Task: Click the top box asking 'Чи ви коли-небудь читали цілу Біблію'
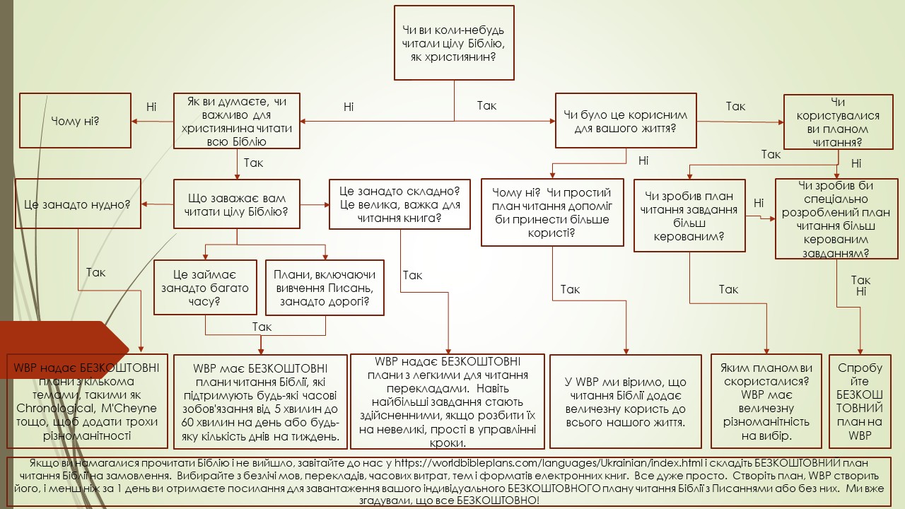tap(453, 42)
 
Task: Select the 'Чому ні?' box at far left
tap(75, 120)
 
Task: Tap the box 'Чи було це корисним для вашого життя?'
tap(626, 122)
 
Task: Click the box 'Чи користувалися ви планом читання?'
tap(837, 122)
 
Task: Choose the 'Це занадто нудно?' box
tap(77, 204)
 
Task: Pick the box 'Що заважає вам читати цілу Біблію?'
tap(237, 204)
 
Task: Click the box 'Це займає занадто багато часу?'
tap(206, 287)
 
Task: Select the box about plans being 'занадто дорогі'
tap(326, 287)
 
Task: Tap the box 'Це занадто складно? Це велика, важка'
tap(399, 204)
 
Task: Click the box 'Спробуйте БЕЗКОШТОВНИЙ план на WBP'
tap(860, 401)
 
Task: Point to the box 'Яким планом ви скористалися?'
tap(766, 401)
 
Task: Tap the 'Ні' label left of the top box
tap(349, 107)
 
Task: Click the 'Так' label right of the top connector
tap(486, 106)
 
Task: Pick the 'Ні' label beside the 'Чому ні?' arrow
tap(151, 107)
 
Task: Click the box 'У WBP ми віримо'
tap(626, 402)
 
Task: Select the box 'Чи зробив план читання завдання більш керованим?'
tap(689, 216)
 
